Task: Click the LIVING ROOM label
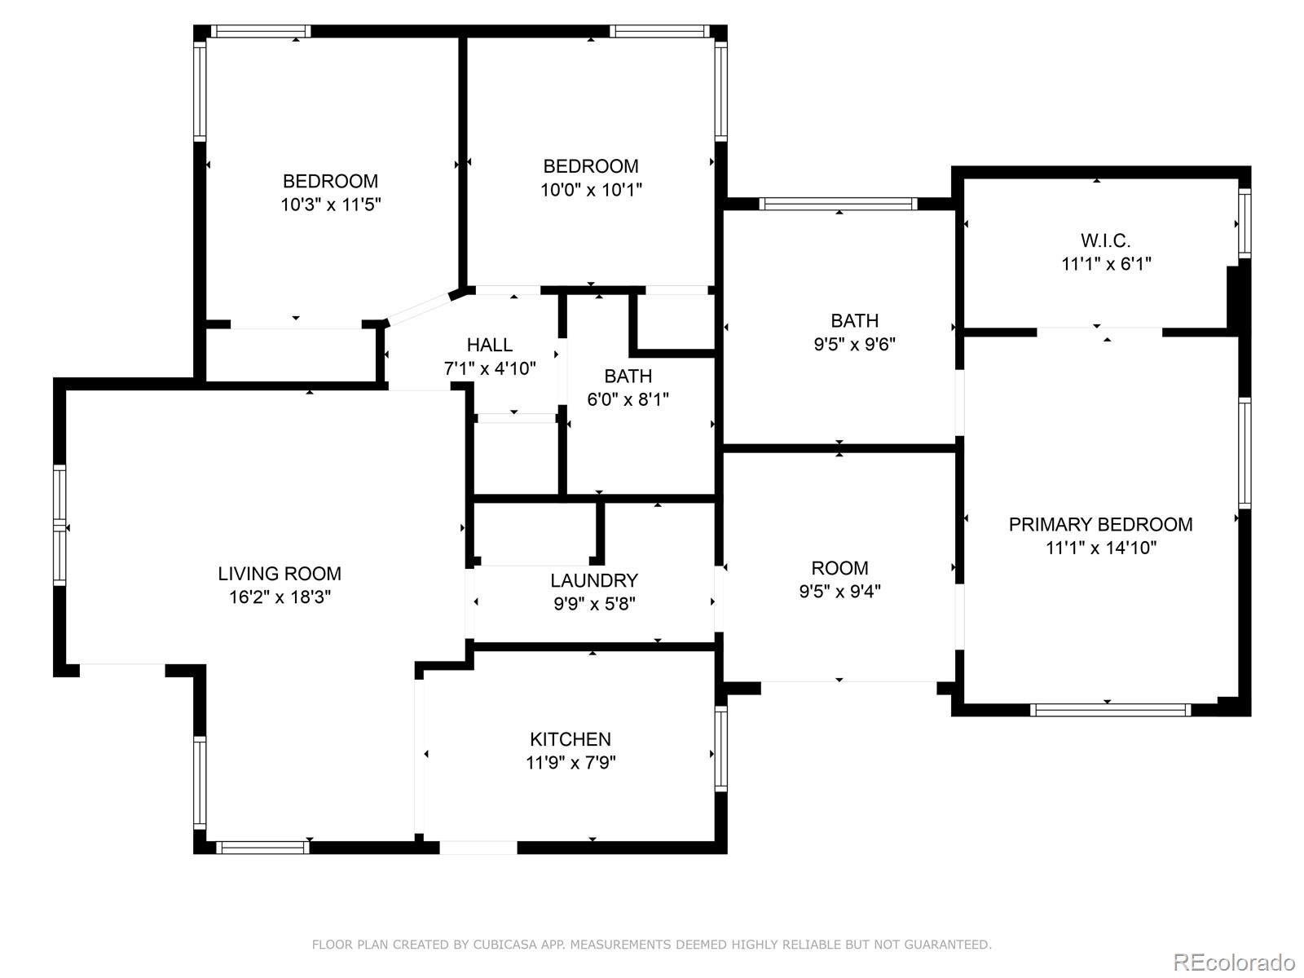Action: point(280,574)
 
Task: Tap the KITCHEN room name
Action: point(570,739)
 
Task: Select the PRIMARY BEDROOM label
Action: point(1100,524)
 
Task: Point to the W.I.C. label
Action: point(1106,240)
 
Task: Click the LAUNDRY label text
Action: point(594,580)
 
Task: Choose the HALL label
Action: point(490,345)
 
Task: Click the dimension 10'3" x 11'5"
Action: point(330,205)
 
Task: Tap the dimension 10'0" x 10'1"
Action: point(591,190)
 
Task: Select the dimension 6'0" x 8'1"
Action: point(628,399)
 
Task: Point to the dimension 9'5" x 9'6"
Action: point(854,345)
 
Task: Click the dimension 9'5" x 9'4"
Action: point(839,592)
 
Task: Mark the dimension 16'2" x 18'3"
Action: point(280,597)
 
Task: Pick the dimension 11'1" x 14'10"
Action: point(1101,548)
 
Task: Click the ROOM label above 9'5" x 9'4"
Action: point(839,568)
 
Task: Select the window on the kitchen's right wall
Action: point(720,748)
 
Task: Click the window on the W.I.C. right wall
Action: point(1245,223)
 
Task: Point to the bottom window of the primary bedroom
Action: point(1110,710)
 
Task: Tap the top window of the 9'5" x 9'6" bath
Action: point(839,205)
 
